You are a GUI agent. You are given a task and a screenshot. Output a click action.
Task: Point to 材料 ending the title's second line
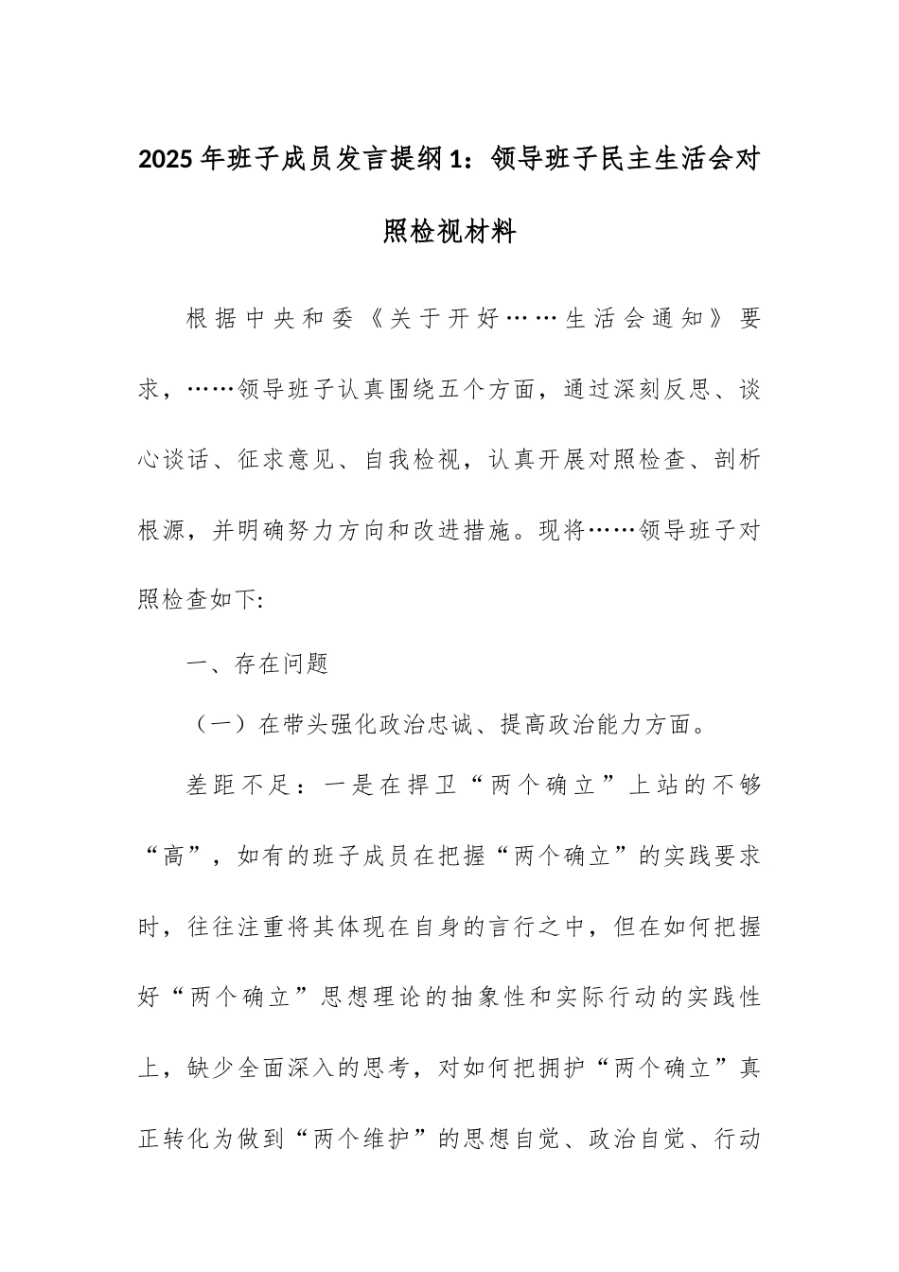(493, 230)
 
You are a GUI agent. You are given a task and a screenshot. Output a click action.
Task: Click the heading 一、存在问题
(257, 664)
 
